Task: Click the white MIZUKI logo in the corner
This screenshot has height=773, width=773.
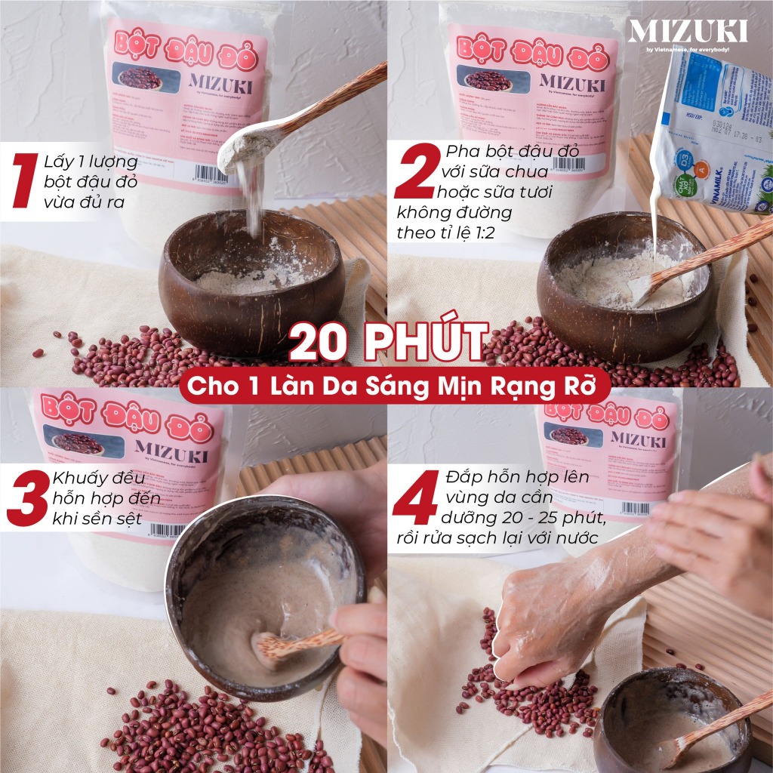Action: [687, 32]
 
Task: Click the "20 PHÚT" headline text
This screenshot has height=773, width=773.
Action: [386, 343]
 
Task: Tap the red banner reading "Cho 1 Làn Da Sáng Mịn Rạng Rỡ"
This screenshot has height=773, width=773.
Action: [386, 386]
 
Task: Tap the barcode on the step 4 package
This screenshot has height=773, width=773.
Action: [636, 508]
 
